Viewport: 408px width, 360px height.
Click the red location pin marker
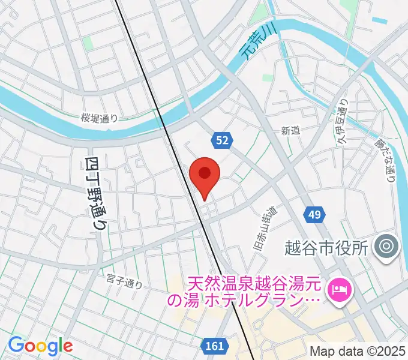205,175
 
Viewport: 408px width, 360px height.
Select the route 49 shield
316,214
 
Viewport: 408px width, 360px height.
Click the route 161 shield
214,346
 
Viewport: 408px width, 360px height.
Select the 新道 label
290,130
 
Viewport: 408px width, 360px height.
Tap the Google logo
40,345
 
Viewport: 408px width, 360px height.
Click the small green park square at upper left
88,43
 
